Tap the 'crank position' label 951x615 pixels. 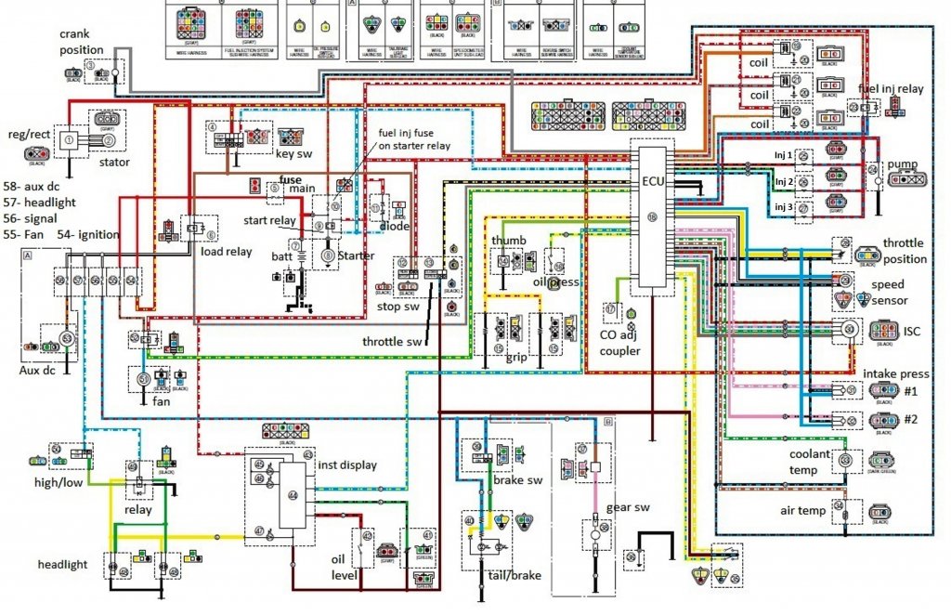(82, 42)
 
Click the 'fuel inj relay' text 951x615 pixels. (892, 89)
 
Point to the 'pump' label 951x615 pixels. (902, 164)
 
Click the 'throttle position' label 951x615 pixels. (905, 251)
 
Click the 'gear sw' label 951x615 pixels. (629, 507)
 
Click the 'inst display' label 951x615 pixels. (347, 465)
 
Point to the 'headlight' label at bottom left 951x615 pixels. (63, 564)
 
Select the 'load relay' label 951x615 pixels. (227, 251)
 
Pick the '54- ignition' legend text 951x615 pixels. (88, 234)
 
